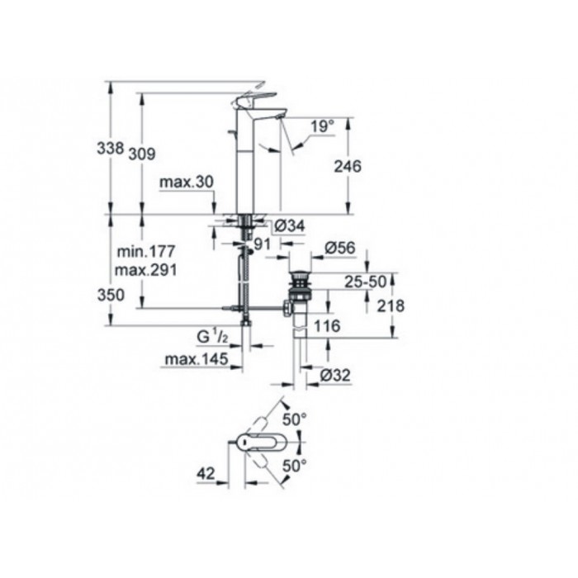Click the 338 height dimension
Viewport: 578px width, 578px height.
(x=110, y=148)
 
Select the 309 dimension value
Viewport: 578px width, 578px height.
(x=142, y=154)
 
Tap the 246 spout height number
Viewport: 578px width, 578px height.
(x=348, y=166)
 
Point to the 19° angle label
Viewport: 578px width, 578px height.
(x=324, y=126)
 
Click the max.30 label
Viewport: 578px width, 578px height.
(x=187, y=182)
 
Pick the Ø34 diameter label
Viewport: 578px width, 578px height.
(x=291, y=225)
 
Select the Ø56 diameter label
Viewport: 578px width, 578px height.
(x=340, y=248)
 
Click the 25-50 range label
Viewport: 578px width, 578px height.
(x=365, y=282)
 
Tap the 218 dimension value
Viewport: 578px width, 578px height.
(x=391, y=306)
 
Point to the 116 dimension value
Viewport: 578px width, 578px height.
(x=327, y=325)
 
